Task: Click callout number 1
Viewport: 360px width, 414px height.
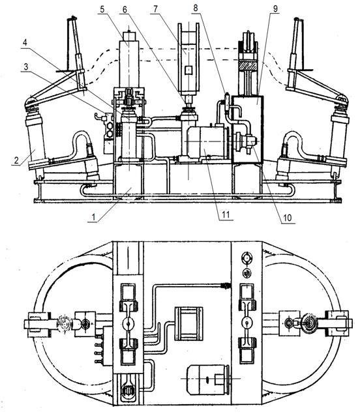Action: [x=93, y=217]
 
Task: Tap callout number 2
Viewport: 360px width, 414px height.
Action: [x=16, y=160]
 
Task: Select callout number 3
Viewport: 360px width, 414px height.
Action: [x=26, y=67]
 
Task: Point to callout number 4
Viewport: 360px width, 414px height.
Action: [x=25, y=43]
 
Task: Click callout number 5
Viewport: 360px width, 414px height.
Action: [x=102, y=9]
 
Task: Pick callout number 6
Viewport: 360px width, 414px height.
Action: [x=125, y=10]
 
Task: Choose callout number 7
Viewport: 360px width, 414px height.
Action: [x=155, y=9]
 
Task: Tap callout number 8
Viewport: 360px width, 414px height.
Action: [x=196, y=8]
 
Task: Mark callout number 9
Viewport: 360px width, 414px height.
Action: [x=275, y=8]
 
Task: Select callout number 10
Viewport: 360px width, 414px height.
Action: [x=287, y=218]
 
